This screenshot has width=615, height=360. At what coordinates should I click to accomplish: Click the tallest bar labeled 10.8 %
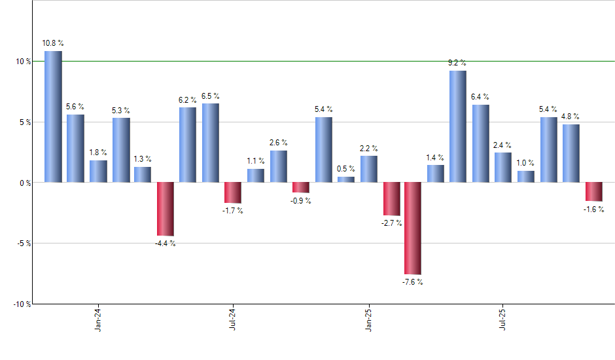53,117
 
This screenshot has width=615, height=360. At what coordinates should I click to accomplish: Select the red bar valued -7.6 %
413,228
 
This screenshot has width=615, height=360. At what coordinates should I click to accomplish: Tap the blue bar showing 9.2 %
458,126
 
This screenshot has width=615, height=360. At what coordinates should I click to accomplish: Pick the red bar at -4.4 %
165,209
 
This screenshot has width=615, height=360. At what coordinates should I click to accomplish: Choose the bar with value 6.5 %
211,143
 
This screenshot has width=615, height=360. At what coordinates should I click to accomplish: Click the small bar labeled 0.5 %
346,179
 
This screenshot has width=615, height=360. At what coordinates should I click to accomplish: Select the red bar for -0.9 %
300,187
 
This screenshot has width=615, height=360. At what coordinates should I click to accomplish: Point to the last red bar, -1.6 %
593,191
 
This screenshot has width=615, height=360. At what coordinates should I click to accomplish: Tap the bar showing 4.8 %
571,153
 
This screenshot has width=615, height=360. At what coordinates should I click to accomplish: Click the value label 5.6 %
75,106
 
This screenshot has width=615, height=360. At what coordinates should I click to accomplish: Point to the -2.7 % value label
391,223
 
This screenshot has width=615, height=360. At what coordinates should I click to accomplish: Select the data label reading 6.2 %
188,99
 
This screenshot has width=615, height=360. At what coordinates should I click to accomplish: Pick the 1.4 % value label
435,157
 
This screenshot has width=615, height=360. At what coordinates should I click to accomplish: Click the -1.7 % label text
233,211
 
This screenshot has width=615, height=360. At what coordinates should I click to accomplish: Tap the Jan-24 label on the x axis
98,319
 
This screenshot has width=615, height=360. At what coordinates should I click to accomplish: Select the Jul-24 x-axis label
233,319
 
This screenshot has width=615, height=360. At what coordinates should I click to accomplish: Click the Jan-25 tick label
368,319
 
